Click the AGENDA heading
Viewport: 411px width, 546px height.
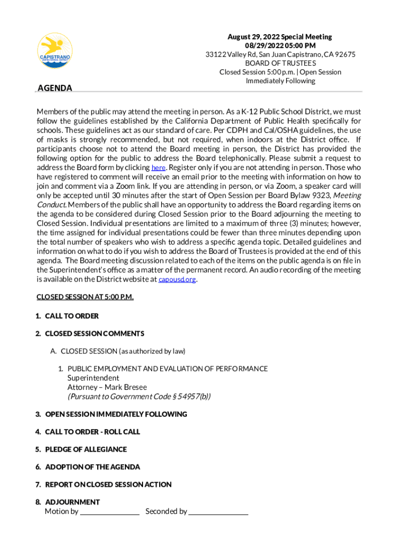click(54, 88)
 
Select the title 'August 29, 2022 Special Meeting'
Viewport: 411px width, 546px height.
click(280, 37)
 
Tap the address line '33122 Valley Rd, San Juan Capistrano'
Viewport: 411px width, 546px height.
click(281, 54)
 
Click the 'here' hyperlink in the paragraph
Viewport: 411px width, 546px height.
click(158, 167)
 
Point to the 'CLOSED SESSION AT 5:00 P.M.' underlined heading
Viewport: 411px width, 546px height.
click(85, 296)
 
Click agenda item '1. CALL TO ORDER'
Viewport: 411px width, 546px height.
click(67, 316)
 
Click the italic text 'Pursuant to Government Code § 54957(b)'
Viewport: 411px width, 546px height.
click(139, 396)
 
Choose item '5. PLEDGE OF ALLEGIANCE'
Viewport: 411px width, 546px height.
click(81, 449)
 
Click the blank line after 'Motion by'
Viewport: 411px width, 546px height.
click(109, 512)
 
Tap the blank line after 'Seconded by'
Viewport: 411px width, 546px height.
click(218, 512)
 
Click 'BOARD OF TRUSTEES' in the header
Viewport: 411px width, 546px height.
click(280, 63)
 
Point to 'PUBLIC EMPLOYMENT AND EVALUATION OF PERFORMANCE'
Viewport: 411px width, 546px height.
click(167, 368)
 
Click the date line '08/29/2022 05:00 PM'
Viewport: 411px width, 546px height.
click(280, 45)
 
